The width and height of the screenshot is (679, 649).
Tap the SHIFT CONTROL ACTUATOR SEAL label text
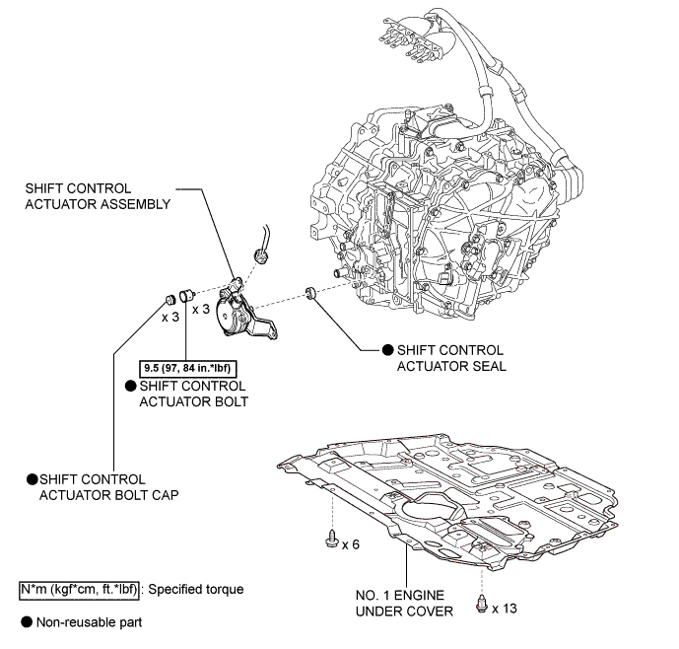450,358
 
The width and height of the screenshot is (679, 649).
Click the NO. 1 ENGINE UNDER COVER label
405,604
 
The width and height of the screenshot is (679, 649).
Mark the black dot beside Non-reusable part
27,623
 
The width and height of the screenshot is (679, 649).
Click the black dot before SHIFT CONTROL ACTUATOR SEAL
386,350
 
